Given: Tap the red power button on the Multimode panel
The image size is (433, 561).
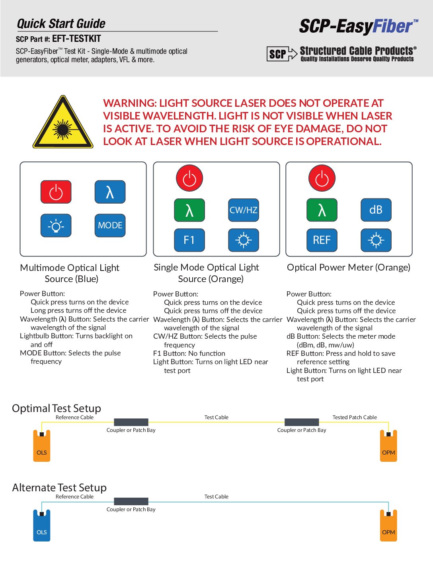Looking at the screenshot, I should pyautogui.click(x=56, y=192).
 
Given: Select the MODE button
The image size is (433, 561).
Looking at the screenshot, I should pyautogui.click(x=110, y=226).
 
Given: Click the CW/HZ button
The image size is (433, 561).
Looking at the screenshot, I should pyautogui.click(x=243, y=210).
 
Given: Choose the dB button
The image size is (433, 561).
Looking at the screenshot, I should pyautogui.click(x=376, y=210).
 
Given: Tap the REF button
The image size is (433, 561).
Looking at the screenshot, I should pyautogui.click(x=322, y=240).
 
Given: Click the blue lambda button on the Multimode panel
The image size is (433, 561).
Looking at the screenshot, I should pyautogui.click(x=110, y=192).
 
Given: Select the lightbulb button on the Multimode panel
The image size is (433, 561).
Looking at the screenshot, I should pyautogui.click(x=56, y=226).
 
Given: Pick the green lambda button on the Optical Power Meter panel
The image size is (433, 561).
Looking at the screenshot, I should pyautogui.click(x=322, y=210).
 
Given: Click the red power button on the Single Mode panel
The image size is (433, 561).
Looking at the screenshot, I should pyautogui.click(x=189, y=178).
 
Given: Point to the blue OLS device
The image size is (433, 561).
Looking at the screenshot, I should pyautogui.click(x=42, y=526).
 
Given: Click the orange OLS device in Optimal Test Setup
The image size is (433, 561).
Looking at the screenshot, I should pyautogui.click(x=42, y=446).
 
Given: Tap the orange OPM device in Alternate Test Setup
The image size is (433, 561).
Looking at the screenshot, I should pyautogui.click(x=388, y=526).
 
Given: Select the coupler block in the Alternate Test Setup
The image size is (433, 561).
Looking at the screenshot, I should pyautogui.click(x=131, y=501).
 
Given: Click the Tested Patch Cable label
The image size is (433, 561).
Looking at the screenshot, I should pyautogui.click(x=355, y=417).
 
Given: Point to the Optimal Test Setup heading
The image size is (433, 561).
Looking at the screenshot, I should pyautogui.click(x=57, y=408).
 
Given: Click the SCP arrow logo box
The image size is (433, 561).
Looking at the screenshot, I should pyautogui.click(x=282, y=54).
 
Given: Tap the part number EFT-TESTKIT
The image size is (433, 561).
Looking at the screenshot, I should pyautogui.click(x=76, y=39).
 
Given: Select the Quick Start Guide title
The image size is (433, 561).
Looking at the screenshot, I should pyautogui.click(x=61, y=24).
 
